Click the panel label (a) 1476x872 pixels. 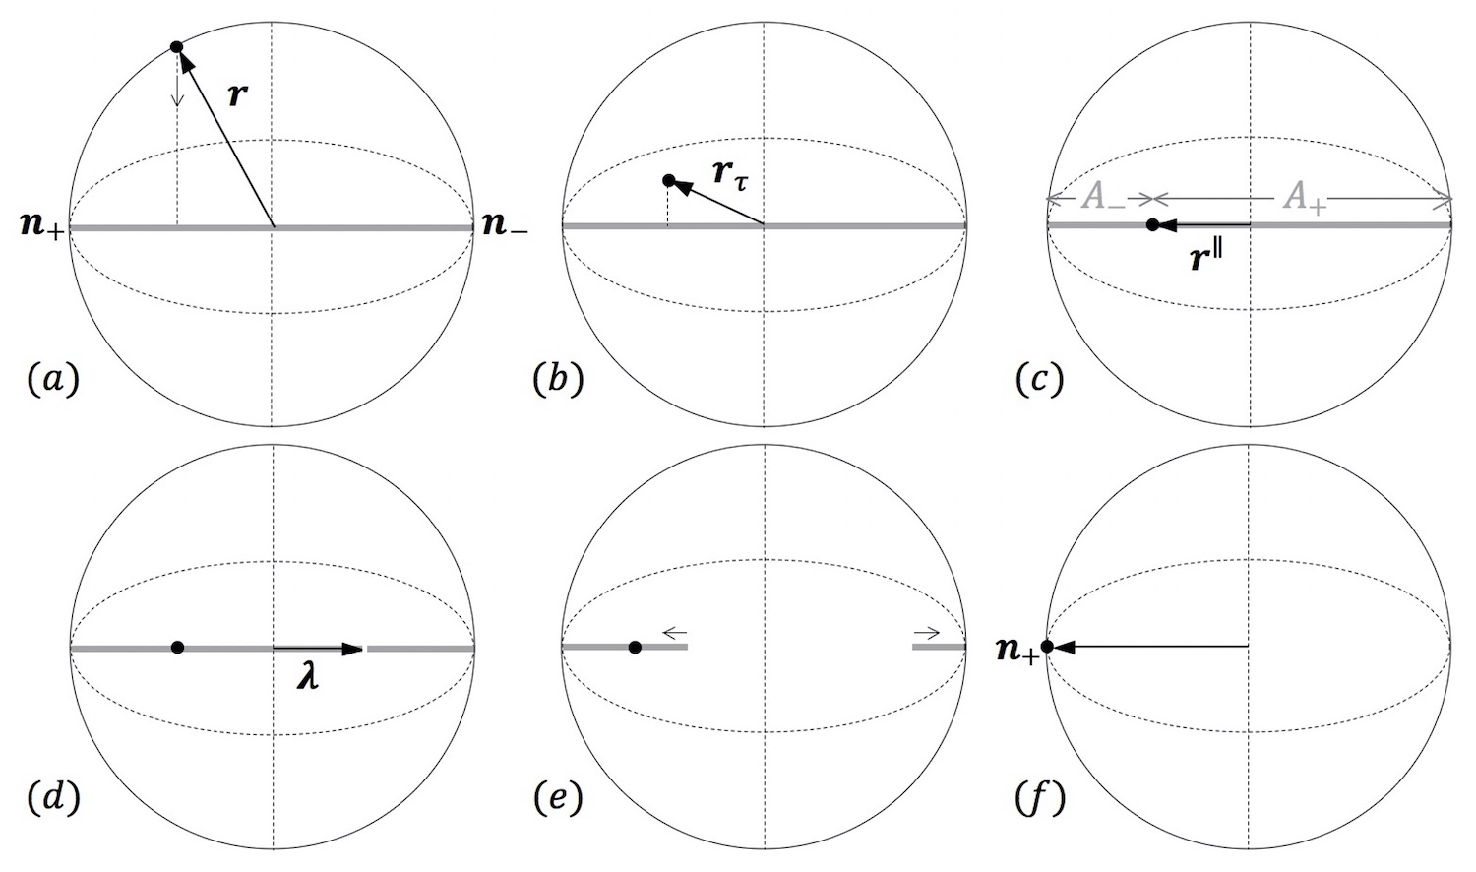(x=52, y=379)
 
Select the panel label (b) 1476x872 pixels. (x=558, y=379)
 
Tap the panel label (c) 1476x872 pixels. (x=1039, y=379)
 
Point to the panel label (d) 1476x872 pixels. (x=52, y=798)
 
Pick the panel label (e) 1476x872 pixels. (x=558, y=798)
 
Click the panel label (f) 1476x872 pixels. (x=1040, y=798)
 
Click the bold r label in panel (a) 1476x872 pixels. (x=236, y=95)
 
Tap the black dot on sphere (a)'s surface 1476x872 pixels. (x=177, y=46)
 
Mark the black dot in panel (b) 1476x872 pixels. (x=669, y=180)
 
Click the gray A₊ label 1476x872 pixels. (x=1305, y=198)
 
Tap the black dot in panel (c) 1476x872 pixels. (x=1152, y=225)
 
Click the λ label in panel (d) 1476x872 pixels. (x=309, y=678)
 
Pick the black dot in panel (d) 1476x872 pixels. (x=177, y=647)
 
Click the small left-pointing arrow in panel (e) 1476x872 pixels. (x=674, y=633)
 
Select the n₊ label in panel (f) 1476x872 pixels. (x=1016, y=651)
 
